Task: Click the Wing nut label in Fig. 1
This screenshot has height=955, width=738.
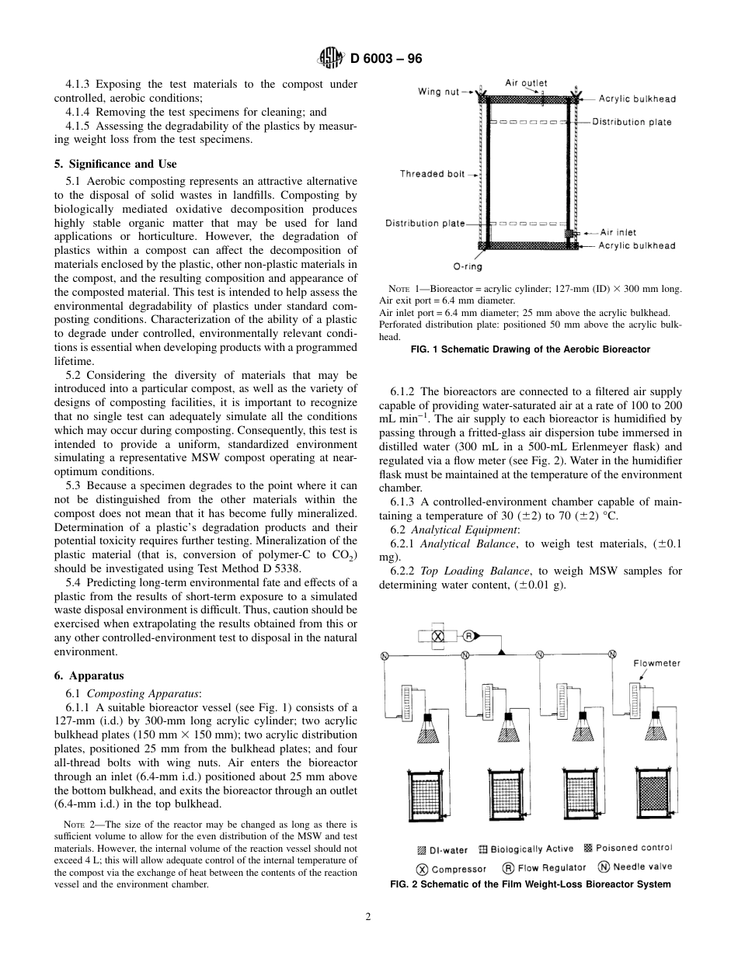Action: point(439,92)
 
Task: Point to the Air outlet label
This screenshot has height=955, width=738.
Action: point(526,83)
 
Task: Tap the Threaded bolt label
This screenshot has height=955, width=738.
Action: point(432,174)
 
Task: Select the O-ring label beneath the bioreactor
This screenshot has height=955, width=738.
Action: point(467,266)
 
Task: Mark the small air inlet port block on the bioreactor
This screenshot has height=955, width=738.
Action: point(568,233)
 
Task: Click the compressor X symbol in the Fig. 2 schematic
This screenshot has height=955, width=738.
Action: point(437,635)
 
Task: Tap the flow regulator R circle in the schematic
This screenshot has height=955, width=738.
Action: point(468,635)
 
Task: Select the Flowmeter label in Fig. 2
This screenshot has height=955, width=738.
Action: point(656,663)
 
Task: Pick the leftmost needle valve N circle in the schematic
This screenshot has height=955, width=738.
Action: point(385,656)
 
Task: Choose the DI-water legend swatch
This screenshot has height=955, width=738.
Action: point(422,849)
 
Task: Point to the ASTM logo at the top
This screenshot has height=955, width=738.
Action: point(330,58)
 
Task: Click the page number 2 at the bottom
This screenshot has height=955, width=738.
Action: point(369,916)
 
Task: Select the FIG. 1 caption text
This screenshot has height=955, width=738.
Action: point(530,349)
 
